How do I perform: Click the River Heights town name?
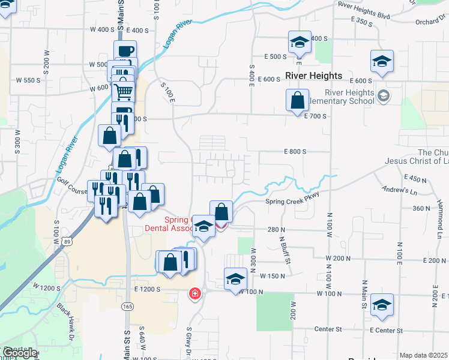click(313, 76)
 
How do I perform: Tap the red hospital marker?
click(195, 293)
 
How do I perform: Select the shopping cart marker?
click(123, 92)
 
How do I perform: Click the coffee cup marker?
click(125, 50)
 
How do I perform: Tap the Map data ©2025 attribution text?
click(423, 355)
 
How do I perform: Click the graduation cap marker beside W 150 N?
click(235, 278)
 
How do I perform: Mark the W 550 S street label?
click(28, 80)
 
